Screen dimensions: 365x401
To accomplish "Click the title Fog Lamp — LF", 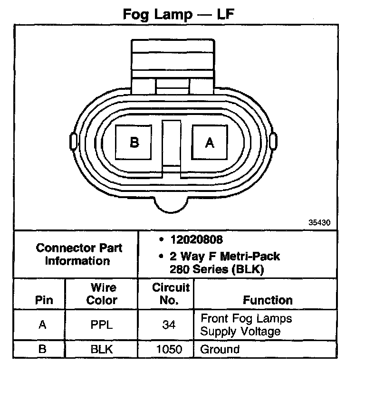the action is point(178,14).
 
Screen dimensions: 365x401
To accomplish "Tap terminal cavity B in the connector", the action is point(134,142).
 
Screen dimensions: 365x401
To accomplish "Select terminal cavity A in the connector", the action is point(209,142).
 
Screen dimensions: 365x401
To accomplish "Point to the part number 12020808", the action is point(196,240).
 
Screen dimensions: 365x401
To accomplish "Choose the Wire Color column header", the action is point(103,294).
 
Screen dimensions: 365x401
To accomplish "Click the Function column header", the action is point(268,300).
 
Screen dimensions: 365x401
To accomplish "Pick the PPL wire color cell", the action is point(103,325).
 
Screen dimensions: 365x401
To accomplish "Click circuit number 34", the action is point(169,325).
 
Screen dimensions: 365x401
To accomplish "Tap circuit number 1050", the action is point(169,350).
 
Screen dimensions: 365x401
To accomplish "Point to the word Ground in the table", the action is point(220,350).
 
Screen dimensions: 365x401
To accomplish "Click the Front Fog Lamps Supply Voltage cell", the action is point(246,325).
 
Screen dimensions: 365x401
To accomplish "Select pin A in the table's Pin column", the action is point(42,325).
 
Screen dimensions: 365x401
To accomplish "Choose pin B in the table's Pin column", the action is point(42,350).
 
